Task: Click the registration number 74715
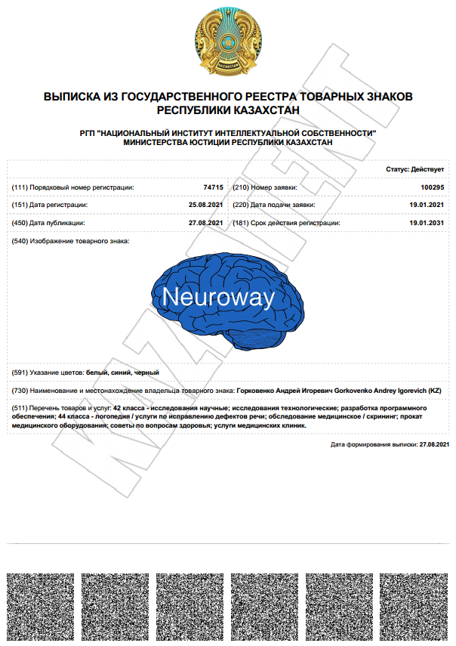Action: pyautogui.click(x=213, y=187)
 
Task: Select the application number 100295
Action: pyautogui.click(x=432, y=187)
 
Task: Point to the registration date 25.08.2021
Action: pyautogui.click(x=205, y=205)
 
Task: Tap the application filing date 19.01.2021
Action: pyautogui.click(x=427, y=205)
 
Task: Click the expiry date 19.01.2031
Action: pyautogui.click(x=427, y=223)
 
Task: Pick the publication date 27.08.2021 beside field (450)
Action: pyautogui.click(x=205, y=223)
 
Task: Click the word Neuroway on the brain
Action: pyautogui.click(x=218, y=297)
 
